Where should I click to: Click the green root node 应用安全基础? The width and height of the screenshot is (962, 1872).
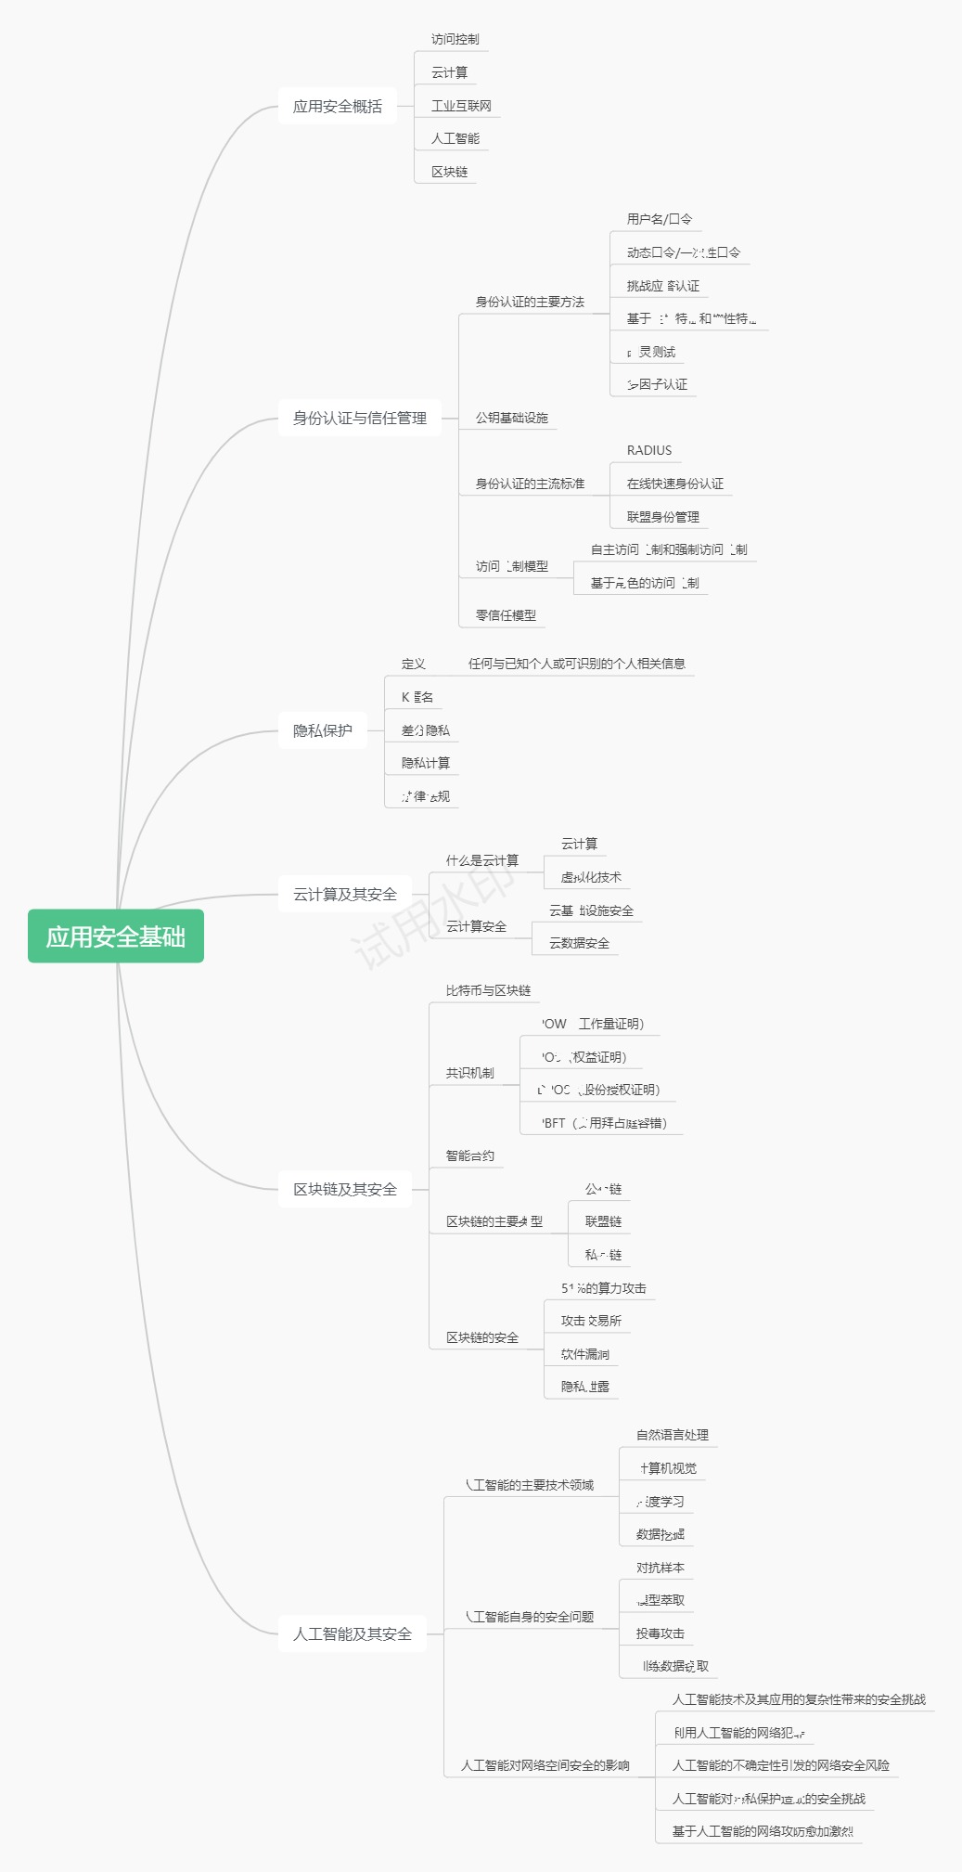[116, 936]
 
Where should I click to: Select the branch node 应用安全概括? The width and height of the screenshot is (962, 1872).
[338, 107]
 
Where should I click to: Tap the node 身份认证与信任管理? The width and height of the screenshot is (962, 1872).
[360, 419]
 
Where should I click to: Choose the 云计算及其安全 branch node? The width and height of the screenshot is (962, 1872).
[345, 895]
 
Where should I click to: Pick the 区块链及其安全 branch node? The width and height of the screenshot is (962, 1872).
[345, 1190]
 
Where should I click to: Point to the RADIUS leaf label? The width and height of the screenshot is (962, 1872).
[649, 451]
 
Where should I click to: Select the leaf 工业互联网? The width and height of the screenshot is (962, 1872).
[461, 107]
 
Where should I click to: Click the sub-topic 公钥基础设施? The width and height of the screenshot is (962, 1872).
[512, 419]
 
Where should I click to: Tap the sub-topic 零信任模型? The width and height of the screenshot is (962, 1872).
[506, 615]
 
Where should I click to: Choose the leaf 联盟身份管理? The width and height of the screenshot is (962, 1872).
[663, 517]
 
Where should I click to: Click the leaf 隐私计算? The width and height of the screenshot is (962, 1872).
[426, 764]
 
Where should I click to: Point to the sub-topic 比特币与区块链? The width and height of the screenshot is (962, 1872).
[488, 991]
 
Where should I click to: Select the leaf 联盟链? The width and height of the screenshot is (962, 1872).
[603, 1222]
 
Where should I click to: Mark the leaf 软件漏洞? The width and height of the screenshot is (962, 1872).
[585, 1354]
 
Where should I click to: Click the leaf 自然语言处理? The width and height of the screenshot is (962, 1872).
[673, 1436]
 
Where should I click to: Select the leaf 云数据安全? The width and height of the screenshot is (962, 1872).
[579, 944]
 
